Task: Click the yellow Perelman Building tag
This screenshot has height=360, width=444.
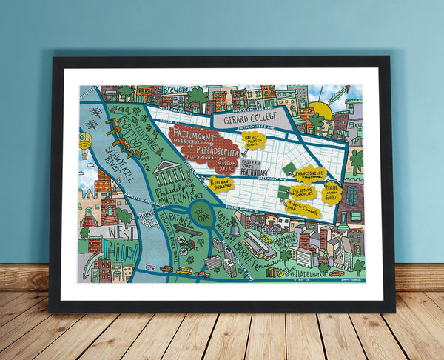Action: click(x=221, y=183)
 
